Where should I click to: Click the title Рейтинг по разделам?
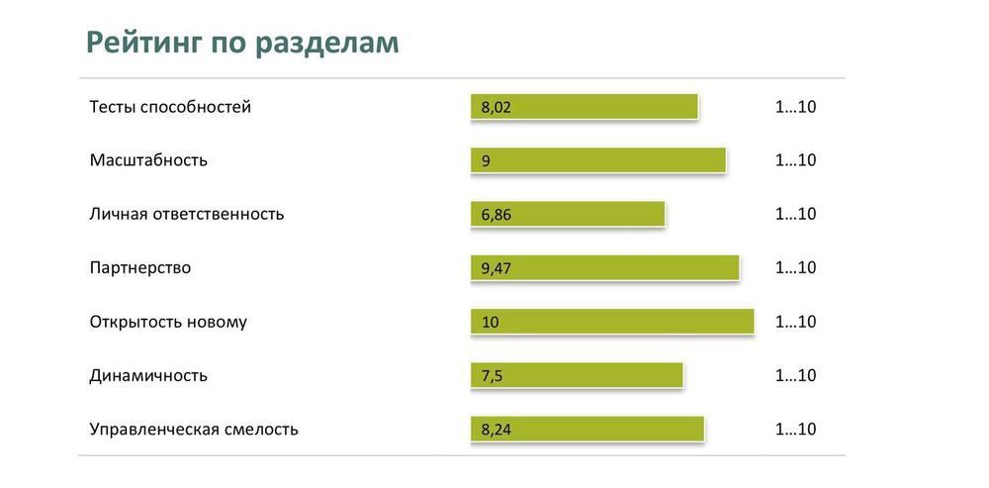coord(242,43)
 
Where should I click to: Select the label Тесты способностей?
coord(170,107)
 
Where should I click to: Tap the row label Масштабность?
coord(148,160)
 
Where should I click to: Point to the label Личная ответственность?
coord(187,214)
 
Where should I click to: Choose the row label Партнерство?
coord(140,268)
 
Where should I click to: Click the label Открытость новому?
coord(168,322)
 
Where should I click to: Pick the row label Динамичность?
coord(148,376)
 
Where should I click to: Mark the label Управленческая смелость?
coord(194,430)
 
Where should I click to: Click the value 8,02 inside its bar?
coord(496,108)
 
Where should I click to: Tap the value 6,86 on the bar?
coord(496,215)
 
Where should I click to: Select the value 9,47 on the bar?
coord(496,268)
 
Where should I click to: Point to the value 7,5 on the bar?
coord(493,376)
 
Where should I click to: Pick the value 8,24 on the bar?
coord(496,430)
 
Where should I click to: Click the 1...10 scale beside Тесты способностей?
coord(795,107)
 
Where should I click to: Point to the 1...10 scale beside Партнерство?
coord(795,268)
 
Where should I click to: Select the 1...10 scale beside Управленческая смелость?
coord(795,430)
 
